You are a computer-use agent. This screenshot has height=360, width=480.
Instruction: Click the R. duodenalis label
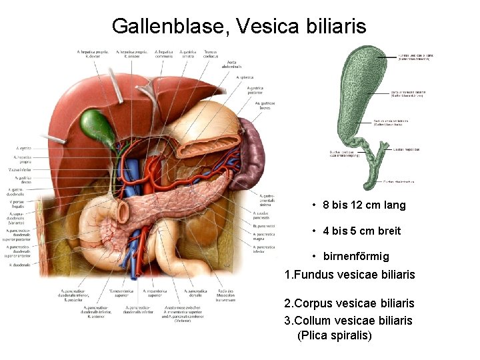19,265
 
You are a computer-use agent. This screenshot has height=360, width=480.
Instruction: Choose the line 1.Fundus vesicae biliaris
349,274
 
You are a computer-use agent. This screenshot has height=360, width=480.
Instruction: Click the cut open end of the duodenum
123,212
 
